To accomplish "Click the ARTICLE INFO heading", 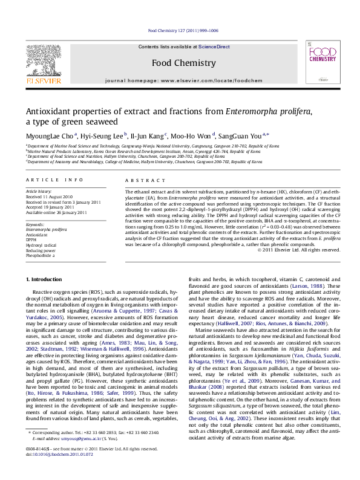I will click(x=54, y=180).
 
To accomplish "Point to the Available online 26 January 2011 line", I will click(x=53, y=212).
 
